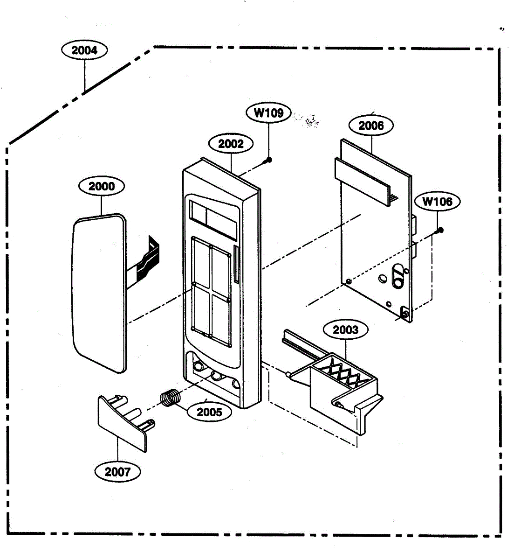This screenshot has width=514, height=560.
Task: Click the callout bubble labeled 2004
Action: tap(84, 50)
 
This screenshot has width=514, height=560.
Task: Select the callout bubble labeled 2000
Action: tap(102, 186)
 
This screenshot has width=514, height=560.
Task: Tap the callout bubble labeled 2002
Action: tap(231, 144)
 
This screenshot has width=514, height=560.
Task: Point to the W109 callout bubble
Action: tap(268, 113)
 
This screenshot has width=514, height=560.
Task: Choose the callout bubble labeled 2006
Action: tap(371, 126)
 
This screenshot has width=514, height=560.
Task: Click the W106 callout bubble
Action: tap(437, 201)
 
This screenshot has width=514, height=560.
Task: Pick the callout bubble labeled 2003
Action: tap(346, 329)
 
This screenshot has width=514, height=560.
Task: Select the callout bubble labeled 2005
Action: tap(209, 412)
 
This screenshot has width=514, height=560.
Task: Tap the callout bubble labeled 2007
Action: tap(118, 472)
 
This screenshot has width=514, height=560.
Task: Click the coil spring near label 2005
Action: tap(171, 398)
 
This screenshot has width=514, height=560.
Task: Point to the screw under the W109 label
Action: tap(268, 160)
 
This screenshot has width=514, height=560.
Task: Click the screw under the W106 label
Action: tap(439, 231)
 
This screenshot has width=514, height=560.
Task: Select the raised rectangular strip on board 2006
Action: tap(363, 182)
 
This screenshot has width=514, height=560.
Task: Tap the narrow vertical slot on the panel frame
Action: tap(237, 265)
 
